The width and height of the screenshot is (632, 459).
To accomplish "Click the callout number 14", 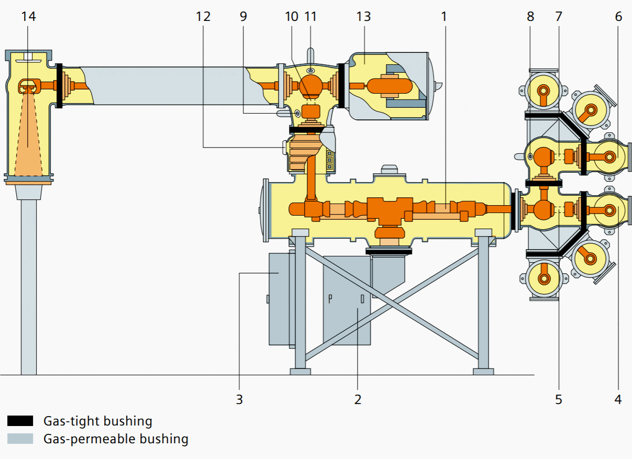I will coord(29,16).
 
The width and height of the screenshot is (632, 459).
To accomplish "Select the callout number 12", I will coord(203,16).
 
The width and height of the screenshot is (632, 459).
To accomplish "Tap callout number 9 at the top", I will coord(243,16).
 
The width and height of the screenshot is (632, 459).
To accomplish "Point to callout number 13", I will coord(363,16).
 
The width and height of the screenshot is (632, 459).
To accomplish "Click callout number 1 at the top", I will coord(444,16).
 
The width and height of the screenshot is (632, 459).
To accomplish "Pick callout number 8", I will coord(530,16).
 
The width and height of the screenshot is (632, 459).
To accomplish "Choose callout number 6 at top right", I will coord(618,16).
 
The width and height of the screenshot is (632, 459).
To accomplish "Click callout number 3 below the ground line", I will coord(239,399).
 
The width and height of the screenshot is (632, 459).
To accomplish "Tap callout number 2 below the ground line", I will coord(358,399).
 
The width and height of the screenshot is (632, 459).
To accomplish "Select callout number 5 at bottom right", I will coord(559,399).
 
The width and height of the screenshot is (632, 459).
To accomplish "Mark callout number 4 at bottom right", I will coord(618,399).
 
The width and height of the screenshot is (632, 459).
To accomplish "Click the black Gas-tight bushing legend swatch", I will coord(20,421).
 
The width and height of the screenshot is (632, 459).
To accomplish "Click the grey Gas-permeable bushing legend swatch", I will coord(20,439).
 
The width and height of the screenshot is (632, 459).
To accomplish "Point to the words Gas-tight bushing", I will coord(98,421).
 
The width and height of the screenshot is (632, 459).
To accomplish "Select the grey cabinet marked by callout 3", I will coord(279,298).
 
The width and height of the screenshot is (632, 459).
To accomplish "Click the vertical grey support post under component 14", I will coord(29,288).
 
